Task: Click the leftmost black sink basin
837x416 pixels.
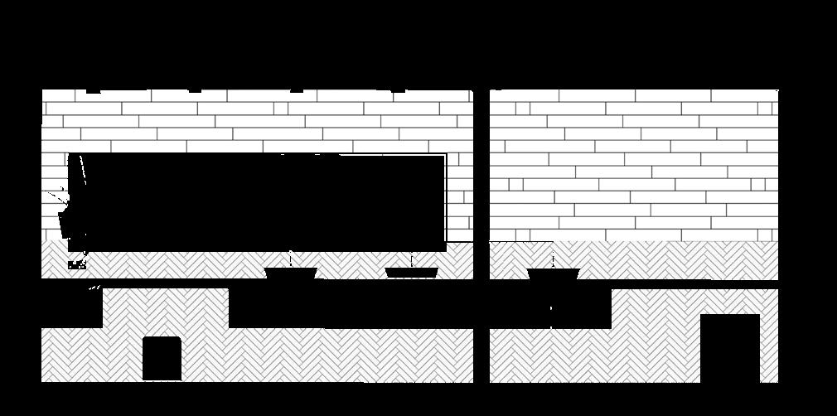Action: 291,273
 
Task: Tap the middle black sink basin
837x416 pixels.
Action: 411,273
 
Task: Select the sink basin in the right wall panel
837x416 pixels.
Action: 553,273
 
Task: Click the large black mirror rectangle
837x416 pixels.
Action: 265,199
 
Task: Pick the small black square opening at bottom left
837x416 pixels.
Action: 162,358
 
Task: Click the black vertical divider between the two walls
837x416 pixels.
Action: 481,232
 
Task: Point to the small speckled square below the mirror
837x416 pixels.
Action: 76,265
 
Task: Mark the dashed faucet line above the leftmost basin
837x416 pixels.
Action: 291,259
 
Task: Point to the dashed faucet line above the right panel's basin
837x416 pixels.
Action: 553,255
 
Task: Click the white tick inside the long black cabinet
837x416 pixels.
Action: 551,310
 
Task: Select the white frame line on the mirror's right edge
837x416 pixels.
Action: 446,199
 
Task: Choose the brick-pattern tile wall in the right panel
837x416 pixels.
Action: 634,166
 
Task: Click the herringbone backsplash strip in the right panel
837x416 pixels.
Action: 663,260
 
